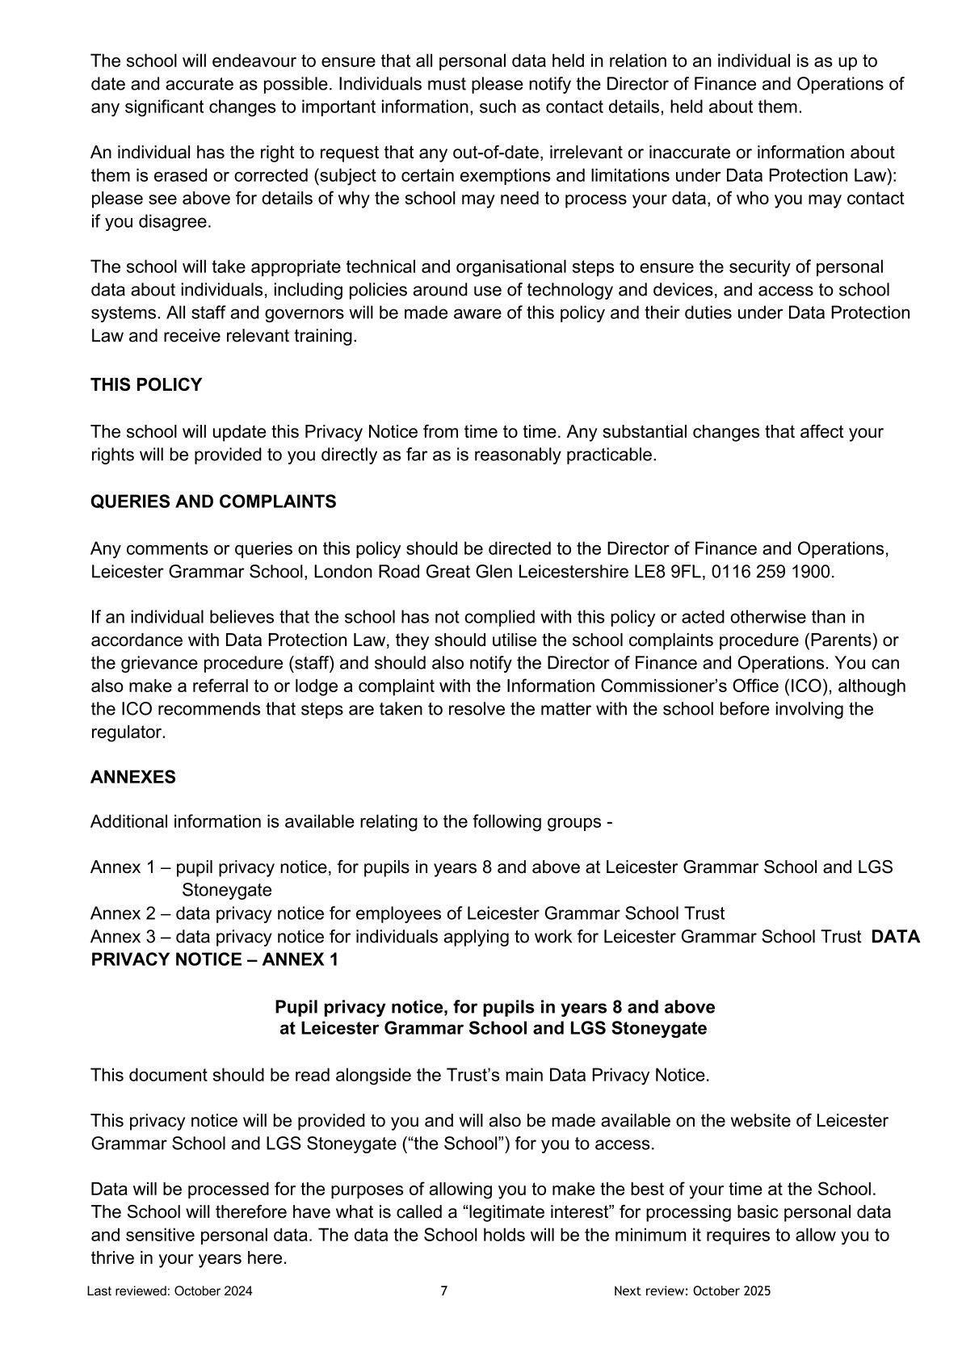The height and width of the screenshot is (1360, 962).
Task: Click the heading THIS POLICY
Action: click(x=146, y=385)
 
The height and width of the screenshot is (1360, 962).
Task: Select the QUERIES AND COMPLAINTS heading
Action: click(x=213, y=502)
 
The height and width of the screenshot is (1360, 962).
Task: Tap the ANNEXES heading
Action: click(x=133, y=777)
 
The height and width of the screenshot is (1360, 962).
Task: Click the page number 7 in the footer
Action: click(x=444, y=1291)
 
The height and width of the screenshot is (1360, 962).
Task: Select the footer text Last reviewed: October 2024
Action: click(x=170, y=1291)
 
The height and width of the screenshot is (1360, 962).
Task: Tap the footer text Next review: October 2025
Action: click(x=692, y=1291)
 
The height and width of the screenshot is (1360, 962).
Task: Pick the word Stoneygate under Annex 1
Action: click(x=227, y=890)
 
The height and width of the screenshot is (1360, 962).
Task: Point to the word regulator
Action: click(x=128, y=732)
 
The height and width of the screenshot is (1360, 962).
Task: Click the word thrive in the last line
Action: click(x=113, y=1258)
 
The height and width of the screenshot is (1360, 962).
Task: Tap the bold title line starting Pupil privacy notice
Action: click(x=494, y=1007)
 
